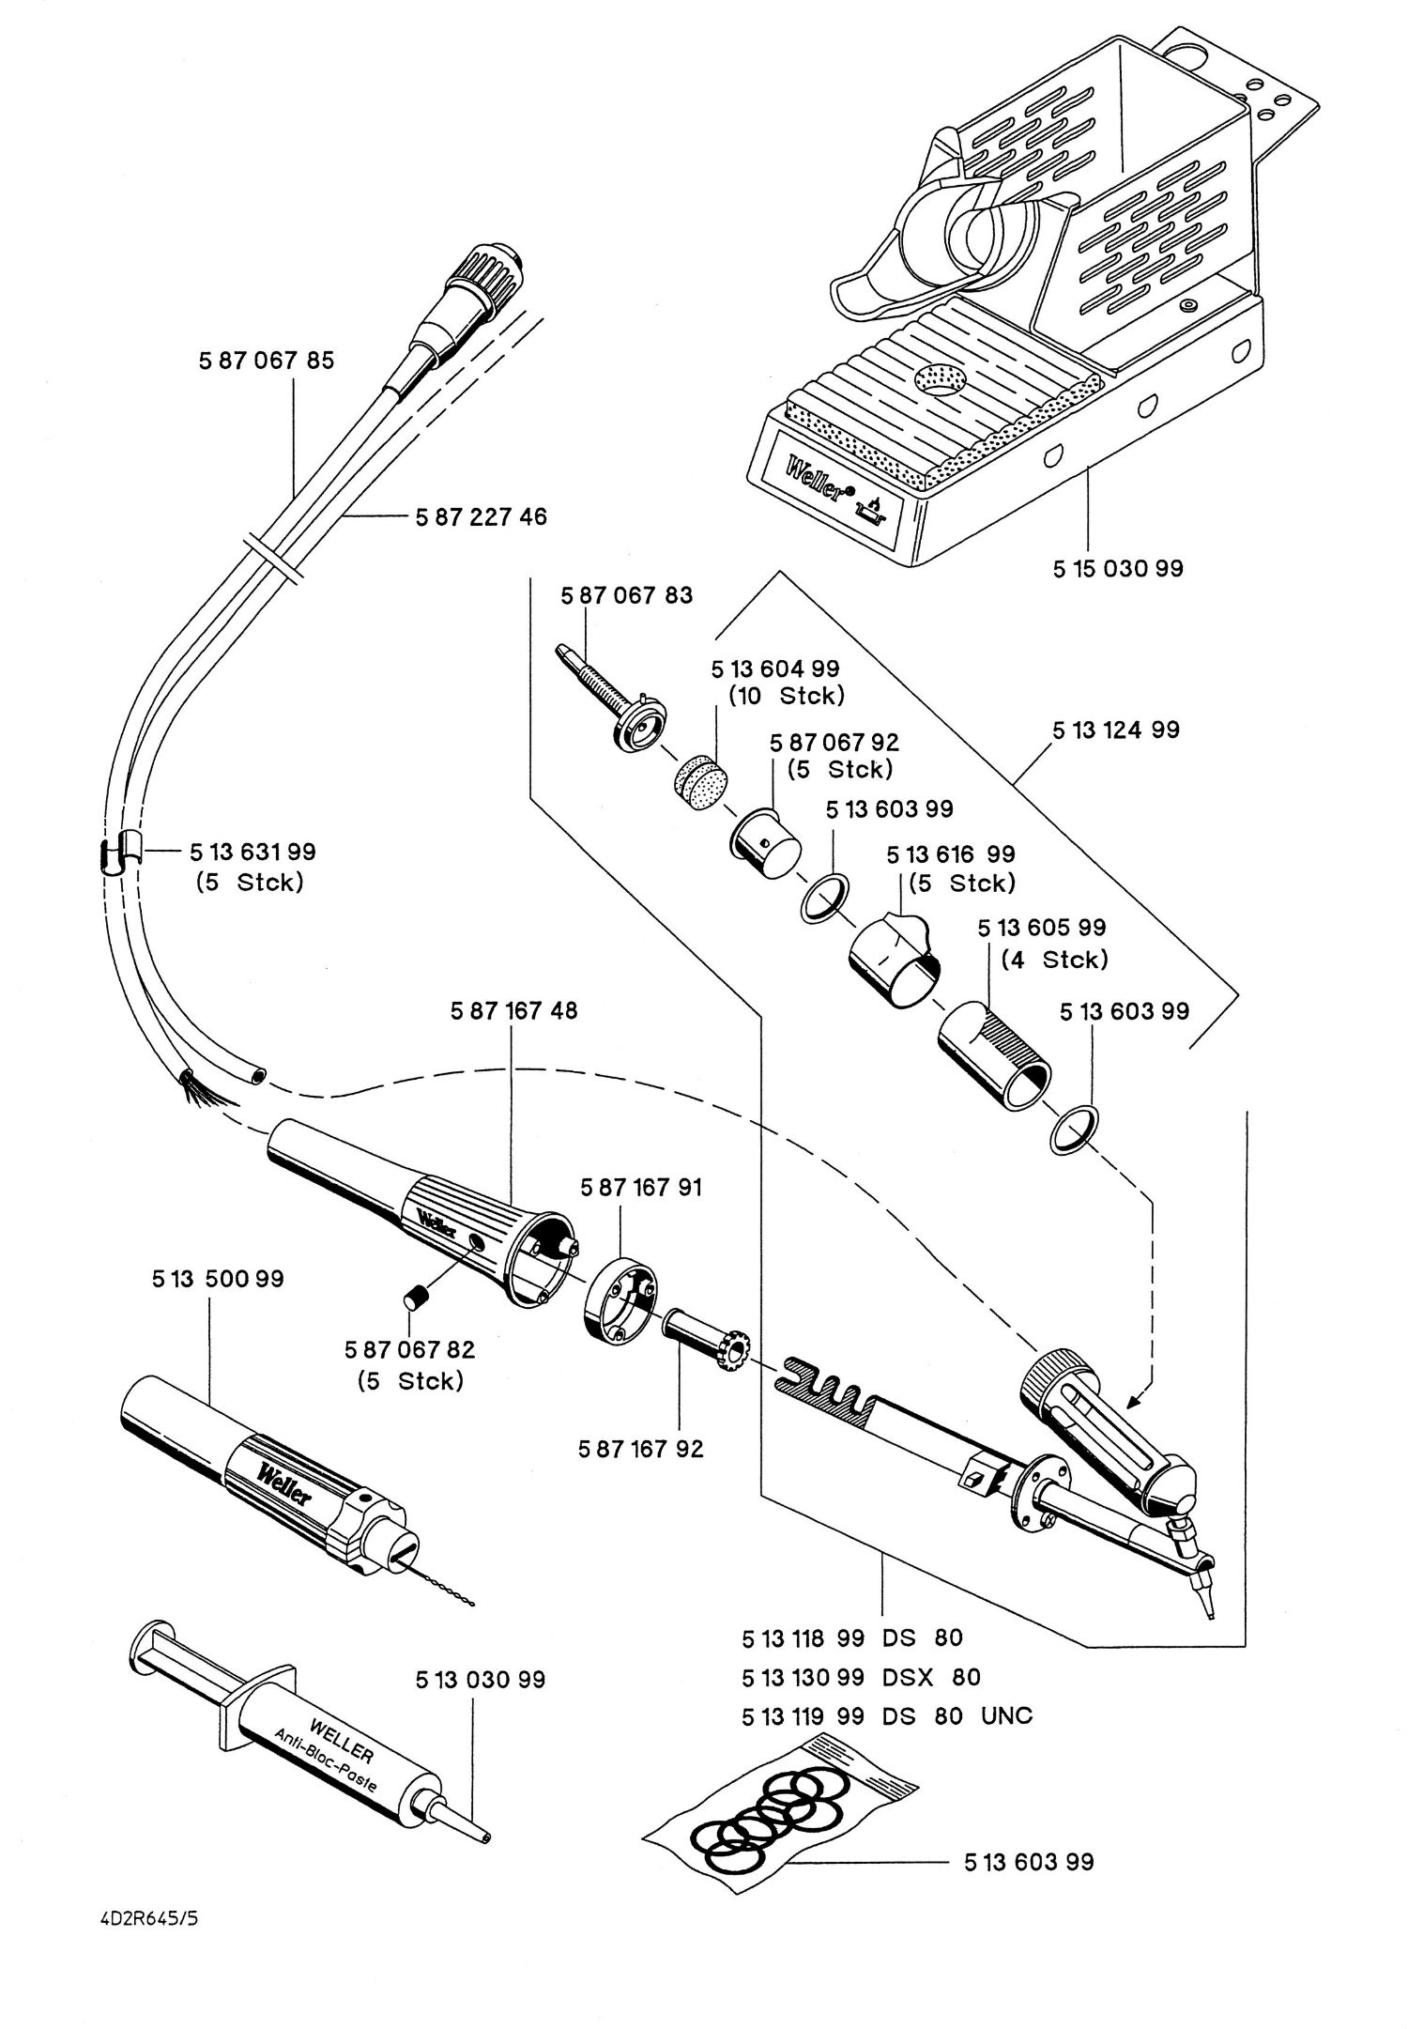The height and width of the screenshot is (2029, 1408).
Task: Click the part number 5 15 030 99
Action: point(1118,568)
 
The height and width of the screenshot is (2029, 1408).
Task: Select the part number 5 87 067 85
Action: point(267,361)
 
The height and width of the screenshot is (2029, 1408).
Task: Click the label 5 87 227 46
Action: point(481,516)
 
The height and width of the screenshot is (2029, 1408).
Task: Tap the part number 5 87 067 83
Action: point(626,595)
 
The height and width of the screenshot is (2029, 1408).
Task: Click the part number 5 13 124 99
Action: point(1116,730)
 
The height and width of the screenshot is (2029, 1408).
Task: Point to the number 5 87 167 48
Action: point(514,1011)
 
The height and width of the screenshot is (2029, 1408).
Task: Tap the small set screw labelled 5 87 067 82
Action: point(415,1302)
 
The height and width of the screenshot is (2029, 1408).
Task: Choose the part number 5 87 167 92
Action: point(641,1449)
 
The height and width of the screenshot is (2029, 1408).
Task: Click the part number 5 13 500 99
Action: point(218,1279)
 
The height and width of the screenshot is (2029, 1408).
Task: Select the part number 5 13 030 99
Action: point(481,1679)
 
